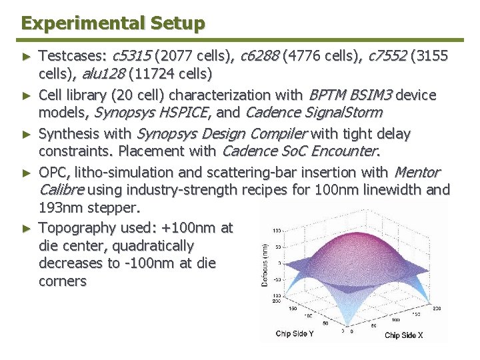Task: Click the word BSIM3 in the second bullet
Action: pyautogui.click(x=371, y=95)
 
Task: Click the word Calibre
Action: pyautogui.click(x=61, y=190)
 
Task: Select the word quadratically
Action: pyautogui.click(x=153, y=245)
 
